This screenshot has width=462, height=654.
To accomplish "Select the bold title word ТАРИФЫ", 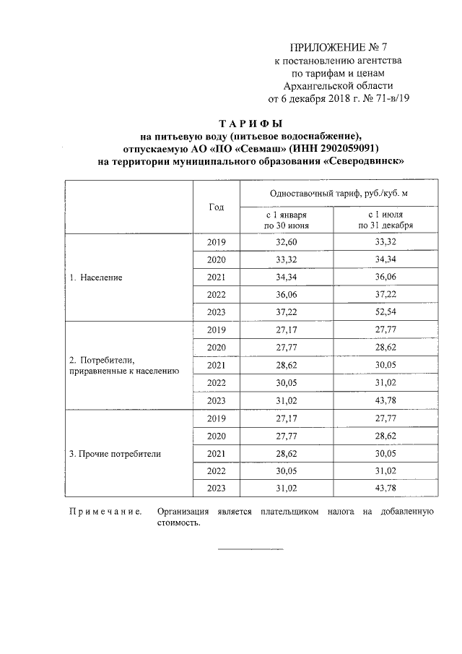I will (250, 123).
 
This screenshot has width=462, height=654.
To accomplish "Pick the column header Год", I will (216, 207).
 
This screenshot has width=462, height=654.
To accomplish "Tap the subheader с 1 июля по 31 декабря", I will (385, 220).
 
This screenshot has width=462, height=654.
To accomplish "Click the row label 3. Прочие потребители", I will (115, 455).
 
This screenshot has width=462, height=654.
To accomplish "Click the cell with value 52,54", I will (386, 312).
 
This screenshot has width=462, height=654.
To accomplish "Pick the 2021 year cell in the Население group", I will (217, 277).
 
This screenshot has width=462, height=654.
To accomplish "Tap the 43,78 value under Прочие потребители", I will (386, 489).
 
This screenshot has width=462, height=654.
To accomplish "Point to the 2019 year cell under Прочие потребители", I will (217, 419).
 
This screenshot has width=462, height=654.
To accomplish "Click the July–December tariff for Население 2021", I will (386, 277).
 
